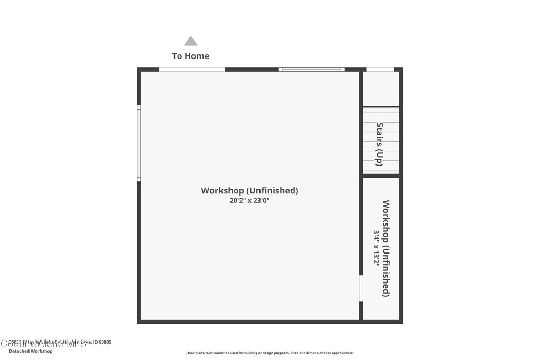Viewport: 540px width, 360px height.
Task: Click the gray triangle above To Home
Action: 190,41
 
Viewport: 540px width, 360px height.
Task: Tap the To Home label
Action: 190,56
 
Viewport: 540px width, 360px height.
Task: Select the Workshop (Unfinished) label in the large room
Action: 249,190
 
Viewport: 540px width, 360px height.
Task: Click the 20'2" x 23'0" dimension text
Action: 249,201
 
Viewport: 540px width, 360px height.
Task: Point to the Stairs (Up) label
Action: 379,144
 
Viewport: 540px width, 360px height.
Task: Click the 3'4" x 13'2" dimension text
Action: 377,248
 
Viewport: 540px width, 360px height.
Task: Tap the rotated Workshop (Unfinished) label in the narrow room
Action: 386,248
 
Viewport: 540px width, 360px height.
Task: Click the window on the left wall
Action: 139,143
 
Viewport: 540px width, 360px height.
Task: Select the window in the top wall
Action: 311,70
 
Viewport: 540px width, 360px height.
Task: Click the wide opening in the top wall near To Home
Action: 192,70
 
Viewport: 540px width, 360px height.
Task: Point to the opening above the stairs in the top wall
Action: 380,70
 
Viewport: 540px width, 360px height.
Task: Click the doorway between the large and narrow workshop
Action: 361,289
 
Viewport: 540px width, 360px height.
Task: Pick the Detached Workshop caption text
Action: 31,351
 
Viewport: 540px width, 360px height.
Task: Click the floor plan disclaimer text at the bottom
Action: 269,353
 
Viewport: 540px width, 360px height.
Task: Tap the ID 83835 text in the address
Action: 102,342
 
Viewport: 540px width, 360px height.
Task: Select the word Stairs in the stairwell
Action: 379,134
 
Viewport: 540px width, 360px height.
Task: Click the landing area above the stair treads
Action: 381,89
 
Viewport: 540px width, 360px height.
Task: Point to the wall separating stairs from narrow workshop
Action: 381,176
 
